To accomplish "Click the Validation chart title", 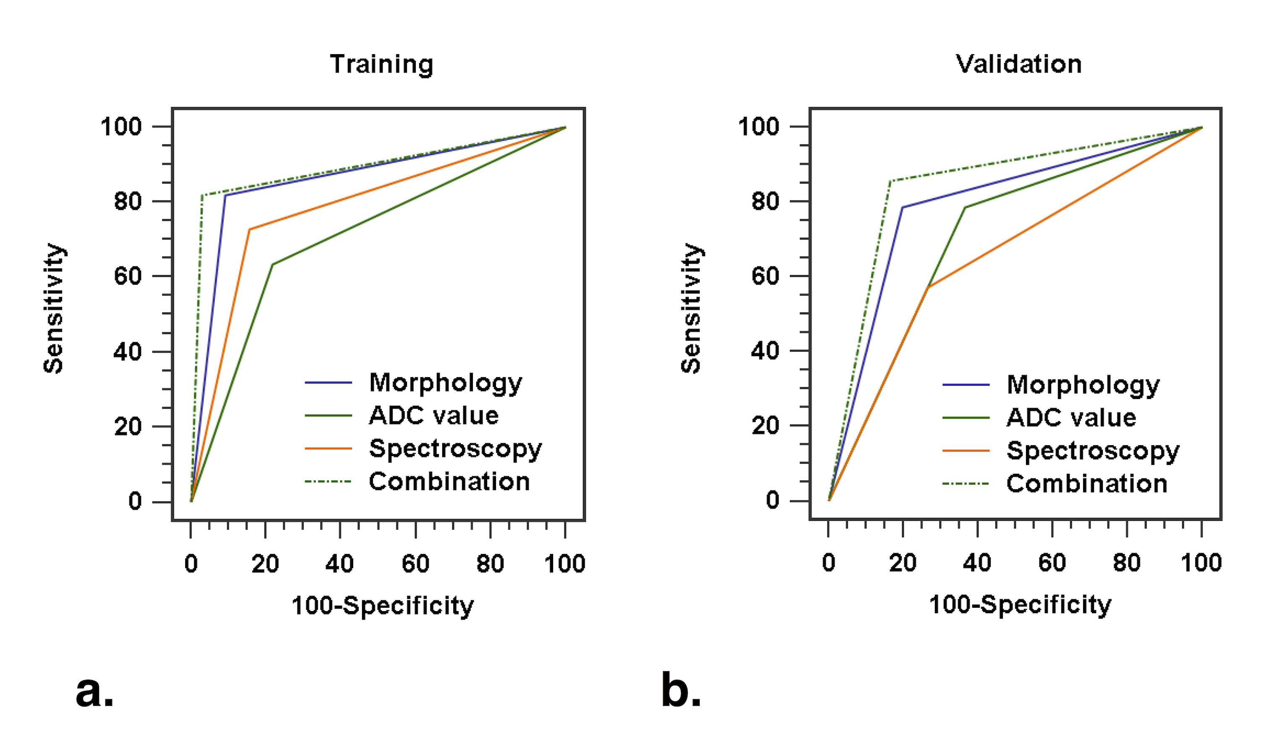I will (x=1018, y=65).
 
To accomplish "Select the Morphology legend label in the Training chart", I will (x=445, y=383).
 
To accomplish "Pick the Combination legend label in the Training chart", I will (x=449, y=482).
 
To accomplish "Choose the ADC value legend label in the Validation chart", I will (x=1071, y=418).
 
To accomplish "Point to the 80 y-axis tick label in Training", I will (x=128, y=202).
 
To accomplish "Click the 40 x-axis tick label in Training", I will (x=340, y=564).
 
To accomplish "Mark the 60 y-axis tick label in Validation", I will (x=765, y=276).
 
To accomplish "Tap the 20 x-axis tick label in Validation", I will (x=903, y=563).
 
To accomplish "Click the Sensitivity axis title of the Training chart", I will (x=53, y=309).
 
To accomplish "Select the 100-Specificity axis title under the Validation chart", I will (x=1020, y=605).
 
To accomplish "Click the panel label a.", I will (x=95, y=692).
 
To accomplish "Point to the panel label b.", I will (x=681, y=691).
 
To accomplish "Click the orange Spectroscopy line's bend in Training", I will (x=249, y=230).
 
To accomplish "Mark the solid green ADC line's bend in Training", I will (x=273, y=265).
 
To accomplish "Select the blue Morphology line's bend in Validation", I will (x=902, y=207).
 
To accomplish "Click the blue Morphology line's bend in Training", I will (x=225, y=195).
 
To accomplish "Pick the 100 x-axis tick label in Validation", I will (x=1201, y=563).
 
